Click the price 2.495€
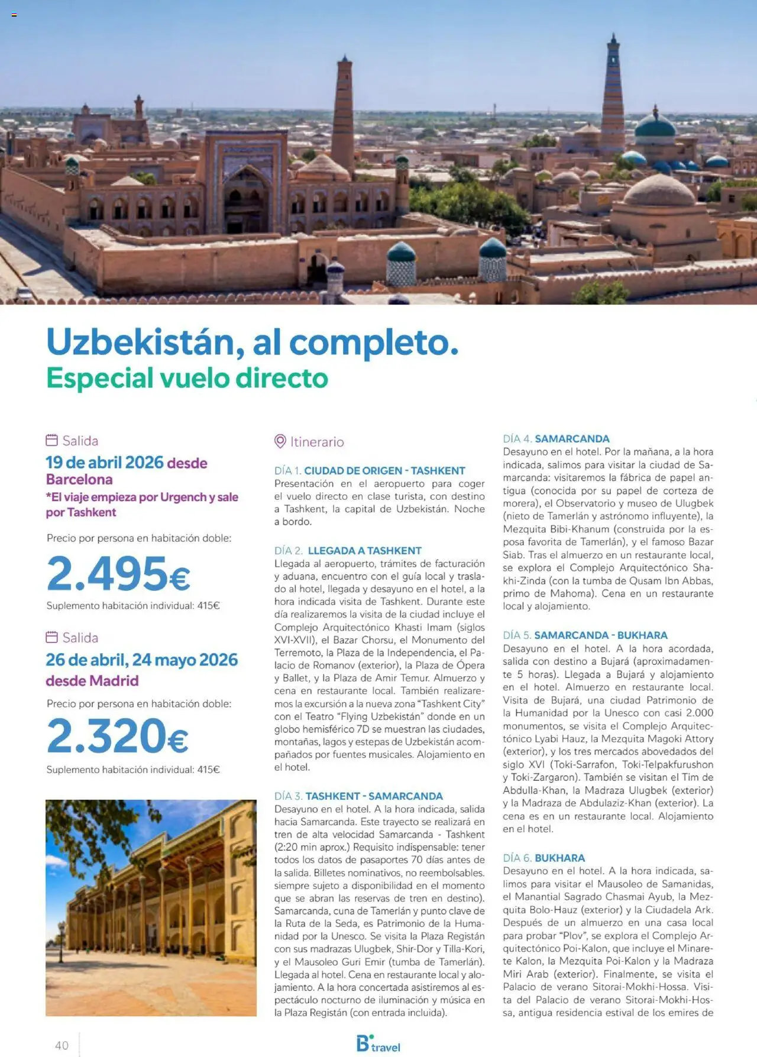(118, 573)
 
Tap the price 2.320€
(118, 736)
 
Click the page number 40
(62, 1045)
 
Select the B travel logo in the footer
(378, 1044)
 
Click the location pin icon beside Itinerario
(280, 441)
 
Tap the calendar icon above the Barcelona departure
(52, 440)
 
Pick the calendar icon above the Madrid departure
(52, 637)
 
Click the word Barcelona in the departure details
(79, 479)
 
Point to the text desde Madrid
(92, 681)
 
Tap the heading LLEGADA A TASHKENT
(364, 551)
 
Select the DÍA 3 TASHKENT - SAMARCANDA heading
(358, 796)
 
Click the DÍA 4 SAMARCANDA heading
(556, 439)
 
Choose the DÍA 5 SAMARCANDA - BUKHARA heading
(585, 635)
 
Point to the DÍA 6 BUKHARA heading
(544, 858)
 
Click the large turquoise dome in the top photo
(655, 126)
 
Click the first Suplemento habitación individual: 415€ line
(133, 606)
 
